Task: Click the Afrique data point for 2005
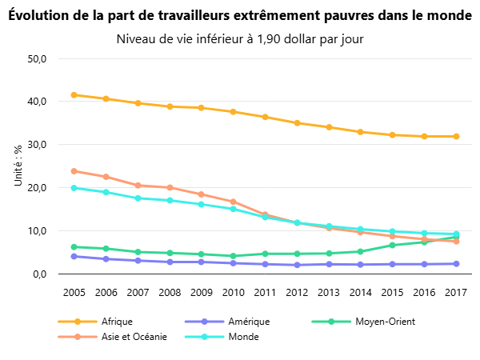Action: (x=74, y=95)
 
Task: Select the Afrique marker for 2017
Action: (x=456, y=137)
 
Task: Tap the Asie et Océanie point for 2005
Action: (x=74, y=171)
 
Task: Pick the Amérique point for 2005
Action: (x=74, y=256)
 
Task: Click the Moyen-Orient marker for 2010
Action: (x=233, y=256)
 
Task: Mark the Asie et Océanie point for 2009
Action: (x=202, y=194)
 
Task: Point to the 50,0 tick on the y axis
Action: (x=38, y=59)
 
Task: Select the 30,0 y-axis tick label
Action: (x=38, y=145)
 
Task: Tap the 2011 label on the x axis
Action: (x=265, y=293)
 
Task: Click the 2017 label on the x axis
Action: (x=456, y=293)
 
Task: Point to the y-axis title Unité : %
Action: (x=18, y=166)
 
